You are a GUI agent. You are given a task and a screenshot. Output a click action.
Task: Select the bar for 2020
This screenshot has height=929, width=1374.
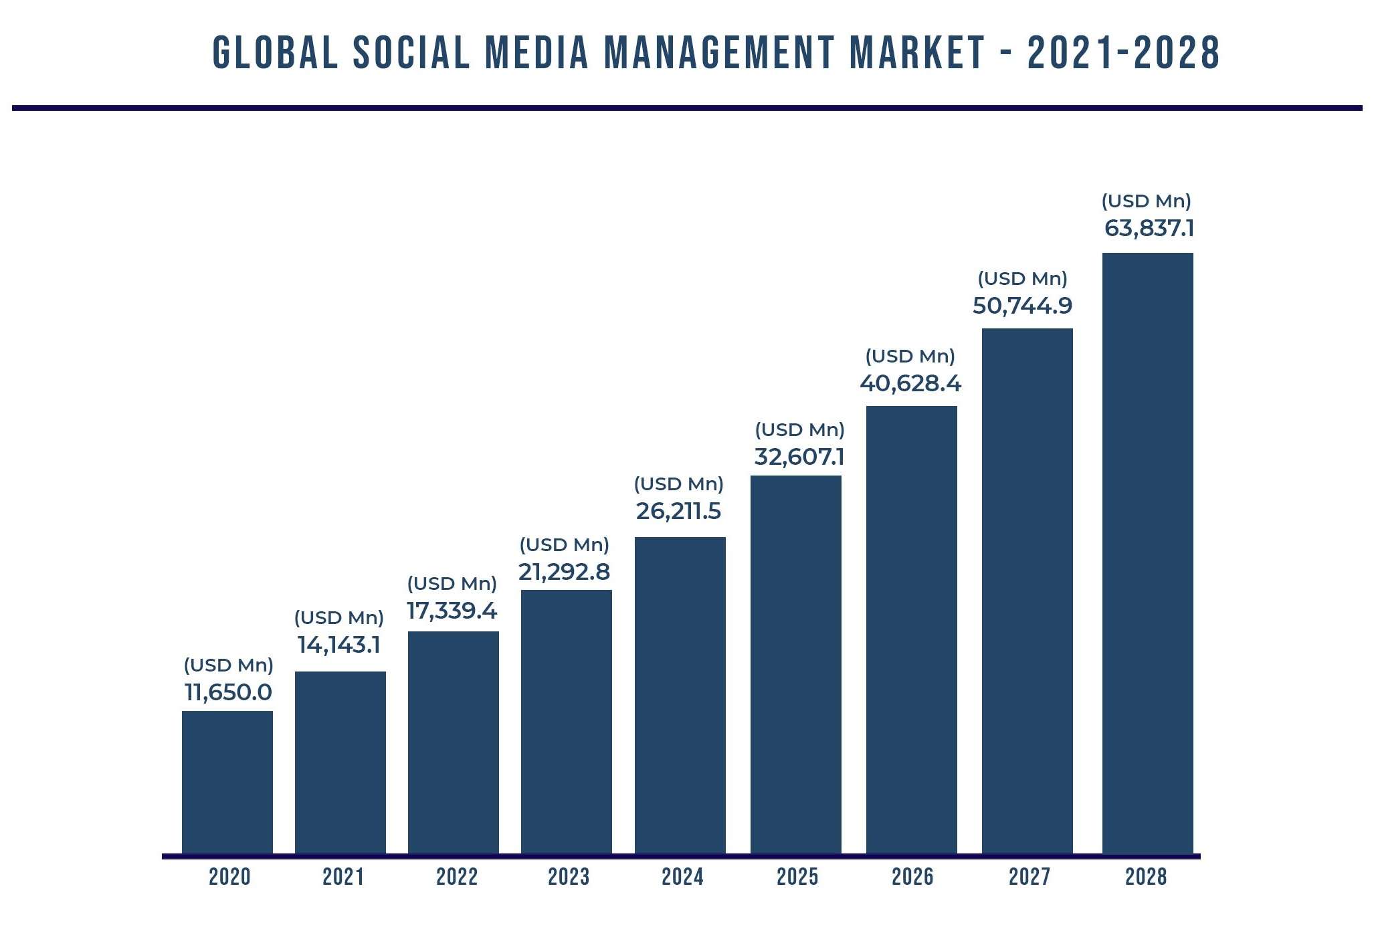[x=227, y=783]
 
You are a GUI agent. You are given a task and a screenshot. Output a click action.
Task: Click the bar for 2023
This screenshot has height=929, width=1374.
[x=566, y=722]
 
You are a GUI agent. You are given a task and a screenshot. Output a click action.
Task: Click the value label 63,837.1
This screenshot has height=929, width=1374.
[x=1149, y=229]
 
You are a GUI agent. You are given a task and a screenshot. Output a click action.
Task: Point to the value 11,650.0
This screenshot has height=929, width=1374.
[x=228, y=692]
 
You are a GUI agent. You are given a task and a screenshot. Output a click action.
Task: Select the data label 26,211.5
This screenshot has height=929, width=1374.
[x=678, y=512]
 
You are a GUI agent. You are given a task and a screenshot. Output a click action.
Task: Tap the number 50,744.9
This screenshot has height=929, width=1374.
[x=1022, y=306]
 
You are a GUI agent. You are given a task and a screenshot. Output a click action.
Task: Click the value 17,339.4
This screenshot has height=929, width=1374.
[x=452, y=611]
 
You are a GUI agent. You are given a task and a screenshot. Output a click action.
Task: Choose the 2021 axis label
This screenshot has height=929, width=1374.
[x=343, y=877]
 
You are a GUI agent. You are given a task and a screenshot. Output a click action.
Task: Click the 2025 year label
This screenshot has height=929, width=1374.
[x=797, y=877]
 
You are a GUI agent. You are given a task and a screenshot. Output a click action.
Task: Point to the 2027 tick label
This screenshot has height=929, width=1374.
[x=1029, y=877]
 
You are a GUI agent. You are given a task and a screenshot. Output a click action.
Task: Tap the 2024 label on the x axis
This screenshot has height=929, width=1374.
[x=682, y=877]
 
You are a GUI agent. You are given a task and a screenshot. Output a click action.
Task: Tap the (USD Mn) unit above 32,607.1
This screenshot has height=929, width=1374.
[x=799, y=430]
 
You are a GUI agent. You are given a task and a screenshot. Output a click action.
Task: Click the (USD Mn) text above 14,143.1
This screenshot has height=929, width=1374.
[x=338, y=618]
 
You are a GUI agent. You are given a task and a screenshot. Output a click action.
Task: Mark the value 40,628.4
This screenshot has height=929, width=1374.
[x=910, y=384]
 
